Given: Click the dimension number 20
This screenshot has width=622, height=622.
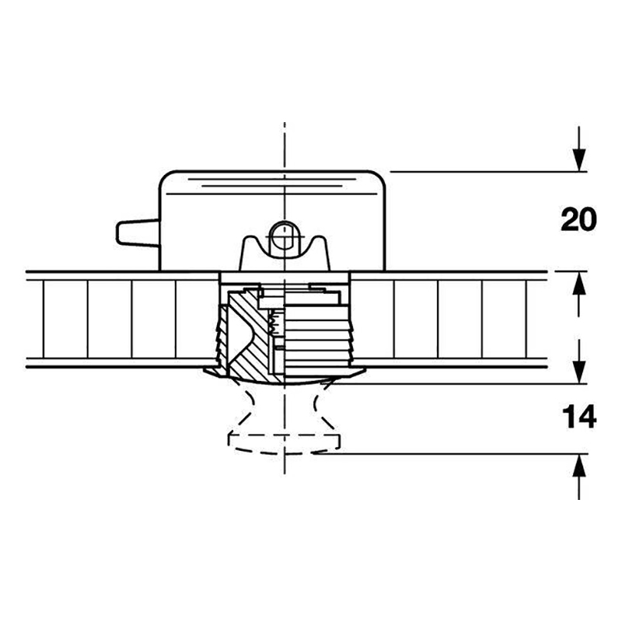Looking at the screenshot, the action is [578, 219].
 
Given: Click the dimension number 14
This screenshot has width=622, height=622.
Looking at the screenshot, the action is [579, 417].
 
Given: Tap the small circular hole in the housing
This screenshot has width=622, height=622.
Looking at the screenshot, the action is [285, 237].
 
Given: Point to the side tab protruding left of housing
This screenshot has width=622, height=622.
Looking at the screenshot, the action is [138, 232].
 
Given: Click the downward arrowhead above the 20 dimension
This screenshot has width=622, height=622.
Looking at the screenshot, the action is [579, 160].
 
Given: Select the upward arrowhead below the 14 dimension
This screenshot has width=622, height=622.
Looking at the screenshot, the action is [579, 465].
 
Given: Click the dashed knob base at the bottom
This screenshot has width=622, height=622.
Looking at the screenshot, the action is [284, 444].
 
